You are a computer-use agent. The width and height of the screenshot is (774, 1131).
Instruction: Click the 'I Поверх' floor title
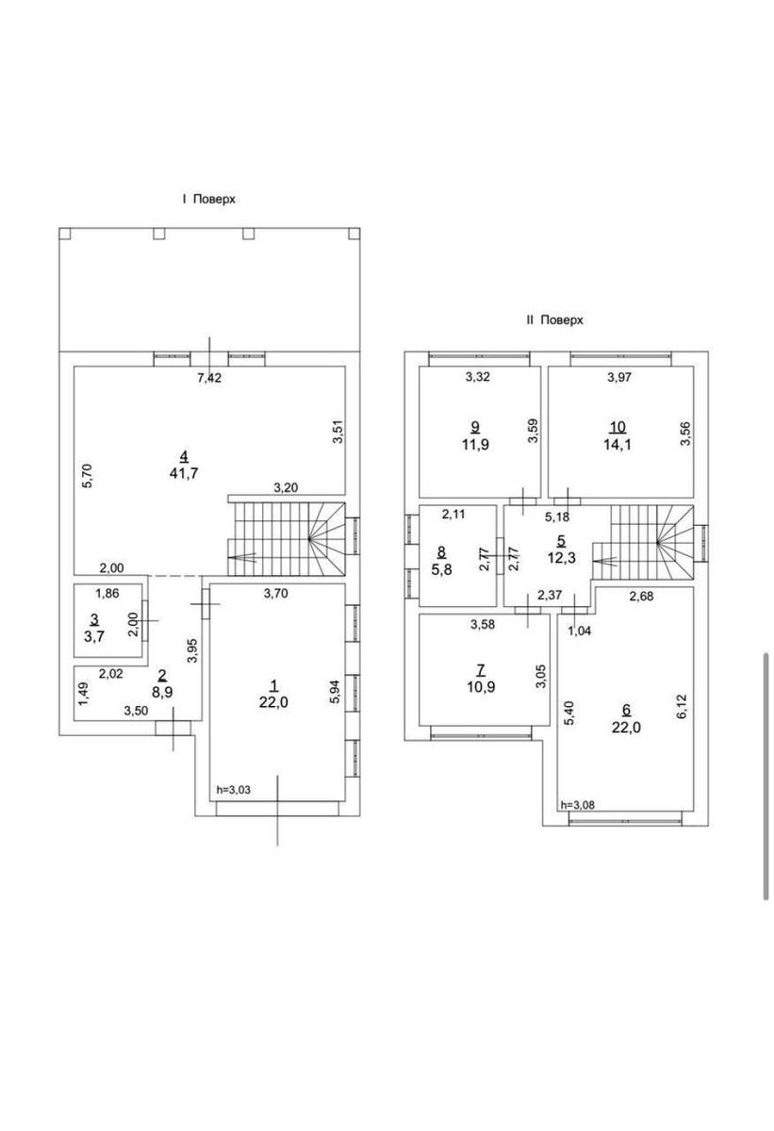click(x=209, y=199)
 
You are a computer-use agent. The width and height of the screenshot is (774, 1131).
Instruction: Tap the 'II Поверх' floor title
click(x=555, y=320)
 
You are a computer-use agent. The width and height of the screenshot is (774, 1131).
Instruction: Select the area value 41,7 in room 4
click(x=184, y=473)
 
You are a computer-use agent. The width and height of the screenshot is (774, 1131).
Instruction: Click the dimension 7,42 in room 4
click(x=209, y=378)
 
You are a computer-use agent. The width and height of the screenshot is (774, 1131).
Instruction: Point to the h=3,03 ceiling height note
click(x=233, y=790)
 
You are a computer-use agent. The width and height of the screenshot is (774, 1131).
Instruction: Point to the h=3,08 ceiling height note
click(x=578, y=805)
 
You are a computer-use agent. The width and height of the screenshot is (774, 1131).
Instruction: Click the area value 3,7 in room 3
click(x=94, y=636)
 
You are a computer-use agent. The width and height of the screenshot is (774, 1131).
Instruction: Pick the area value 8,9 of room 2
click(x=161, y=692)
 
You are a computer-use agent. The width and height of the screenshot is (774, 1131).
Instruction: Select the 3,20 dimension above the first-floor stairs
click(x=286, y=488)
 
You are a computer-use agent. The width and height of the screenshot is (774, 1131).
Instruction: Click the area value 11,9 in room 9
click(x=475, y=445)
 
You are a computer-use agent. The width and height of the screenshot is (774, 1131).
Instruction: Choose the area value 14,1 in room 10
click(x=618, y=445)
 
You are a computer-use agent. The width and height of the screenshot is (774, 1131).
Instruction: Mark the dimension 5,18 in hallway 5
click(x=557, y=516)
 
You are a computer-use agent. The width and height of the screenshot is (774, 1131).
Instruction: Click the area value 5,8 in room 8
click(x=441, y=569)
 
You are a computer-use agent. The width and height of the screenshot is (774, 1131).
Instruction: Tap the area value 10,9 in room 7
click(x=481, y=687)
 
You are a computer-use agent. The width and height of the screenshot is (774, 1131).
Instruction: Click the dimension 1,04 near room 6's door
click(x=579, y=631)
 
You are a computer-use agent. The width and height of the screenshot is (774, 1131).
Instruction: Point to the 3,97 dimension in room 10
click(x=619, y=377)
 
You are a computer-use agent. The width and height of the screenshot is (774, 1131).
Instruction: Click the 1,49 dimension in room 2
click(x=84, y=695)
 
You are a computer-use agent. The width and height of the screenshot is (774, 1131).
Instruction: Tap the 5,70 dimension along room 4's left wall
click(x=88, y=476)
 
